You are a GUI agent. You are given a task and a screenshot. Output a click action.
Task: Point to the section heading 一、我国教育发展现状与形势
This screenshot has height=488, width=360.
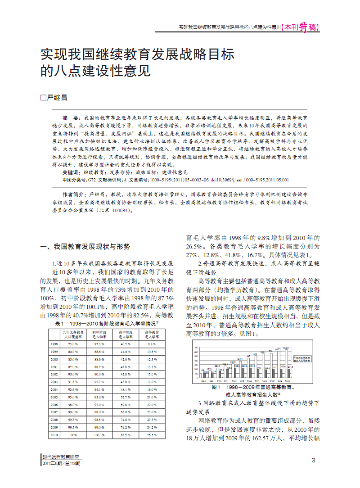click(x=85, y=246)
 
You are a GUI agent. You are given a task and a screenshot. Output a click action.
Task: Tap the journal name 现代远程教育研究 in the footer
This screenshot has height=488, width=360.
click(x=61, y=456)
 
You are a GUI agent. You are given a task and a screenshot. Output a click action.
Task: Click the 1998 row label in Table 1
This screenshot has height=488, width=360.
click(x=54, y=343)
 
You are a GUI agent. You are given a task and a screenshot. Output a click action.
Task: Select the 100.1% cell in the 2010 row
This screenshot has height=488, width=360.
click(x=99, y=435)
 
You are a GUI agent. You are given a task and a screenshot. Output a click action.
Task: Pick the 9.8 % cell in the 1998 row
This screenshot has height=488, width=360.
click(x=152, y=343)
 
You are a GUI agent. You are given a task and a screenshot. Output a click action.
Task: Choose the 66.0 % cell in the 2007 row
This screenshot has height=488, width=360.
click(x=126, y=412)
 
